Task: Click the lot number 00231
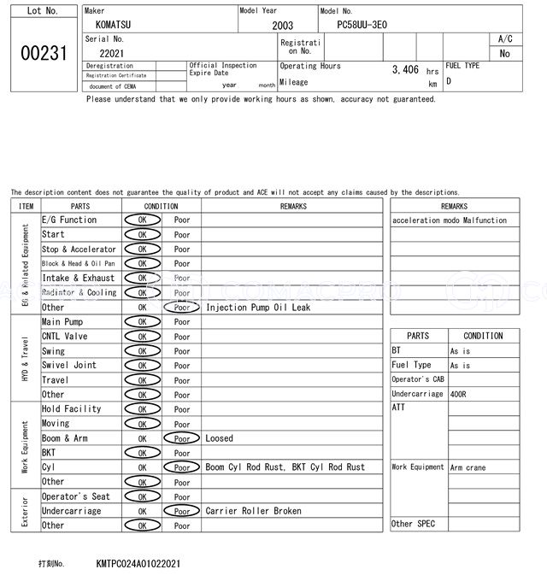pos(43,53)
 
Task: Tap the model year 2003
pos(282,26)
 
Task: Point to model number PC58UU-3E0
pos(362,26)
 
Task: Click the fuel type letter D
pos(449,81)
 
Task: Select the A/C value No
pos(504,54)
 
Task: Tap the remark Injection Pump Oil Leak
pos(258,308)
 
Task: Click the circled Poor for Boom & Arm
pos(181,438)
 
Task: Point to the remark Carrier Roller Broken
pos(253,511)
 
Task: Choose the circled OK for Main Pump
pos(142,322)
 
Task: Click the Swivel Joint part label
pos(69,366)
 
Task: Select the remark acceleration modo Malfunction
pos(450,220)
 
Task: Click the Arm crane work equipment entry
pos(468,467)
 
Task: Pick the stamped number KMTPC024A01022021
pos(138,565)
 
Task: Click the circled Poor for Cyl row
pos(181,467)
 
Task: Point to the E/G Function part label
pos(69,220)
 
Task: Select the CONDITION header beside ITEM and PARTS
pos(161,206)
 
